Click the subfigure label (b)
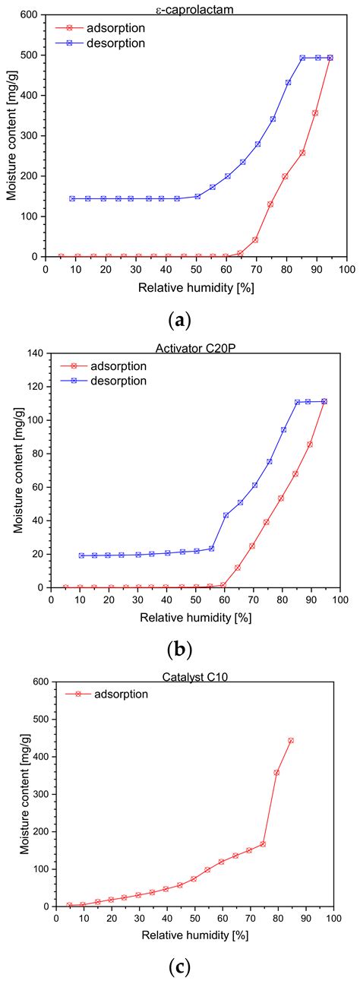180,650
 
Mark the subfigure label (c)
180,967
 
